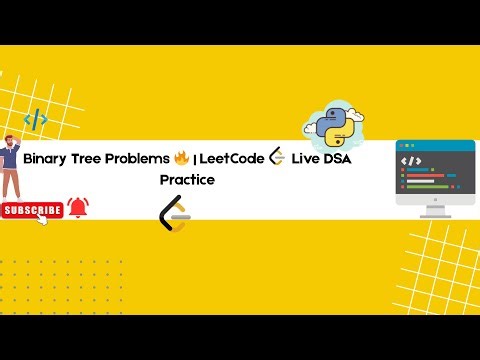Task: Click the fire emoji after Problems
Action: (181, 158)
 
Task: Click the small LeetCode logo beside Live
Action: (277, 158)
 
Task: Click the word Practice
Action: (187, 180)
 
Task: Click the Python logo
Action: (333, 125)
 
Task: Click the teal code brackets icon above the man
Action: (36, 120)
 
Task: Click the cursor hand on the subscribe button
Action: (43, 219)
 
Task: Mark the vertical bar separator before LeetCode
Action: (195, 160)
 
